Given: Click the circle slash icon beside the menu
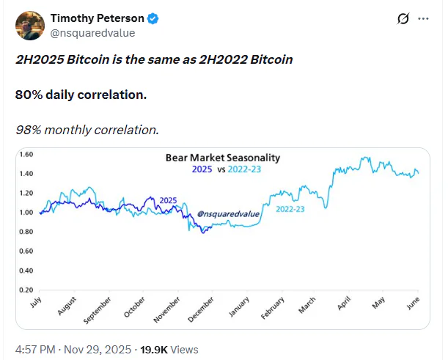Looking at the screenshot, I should point(401,19).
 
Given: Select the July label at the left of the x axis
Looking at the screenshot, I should point(35,304).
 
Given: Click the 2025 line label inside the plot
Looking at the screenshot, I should point(168,200).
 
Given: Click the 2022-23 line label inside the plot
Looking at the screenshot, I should point(293,209).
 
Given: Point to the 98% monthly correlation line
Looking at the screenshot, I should point(87,130).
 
